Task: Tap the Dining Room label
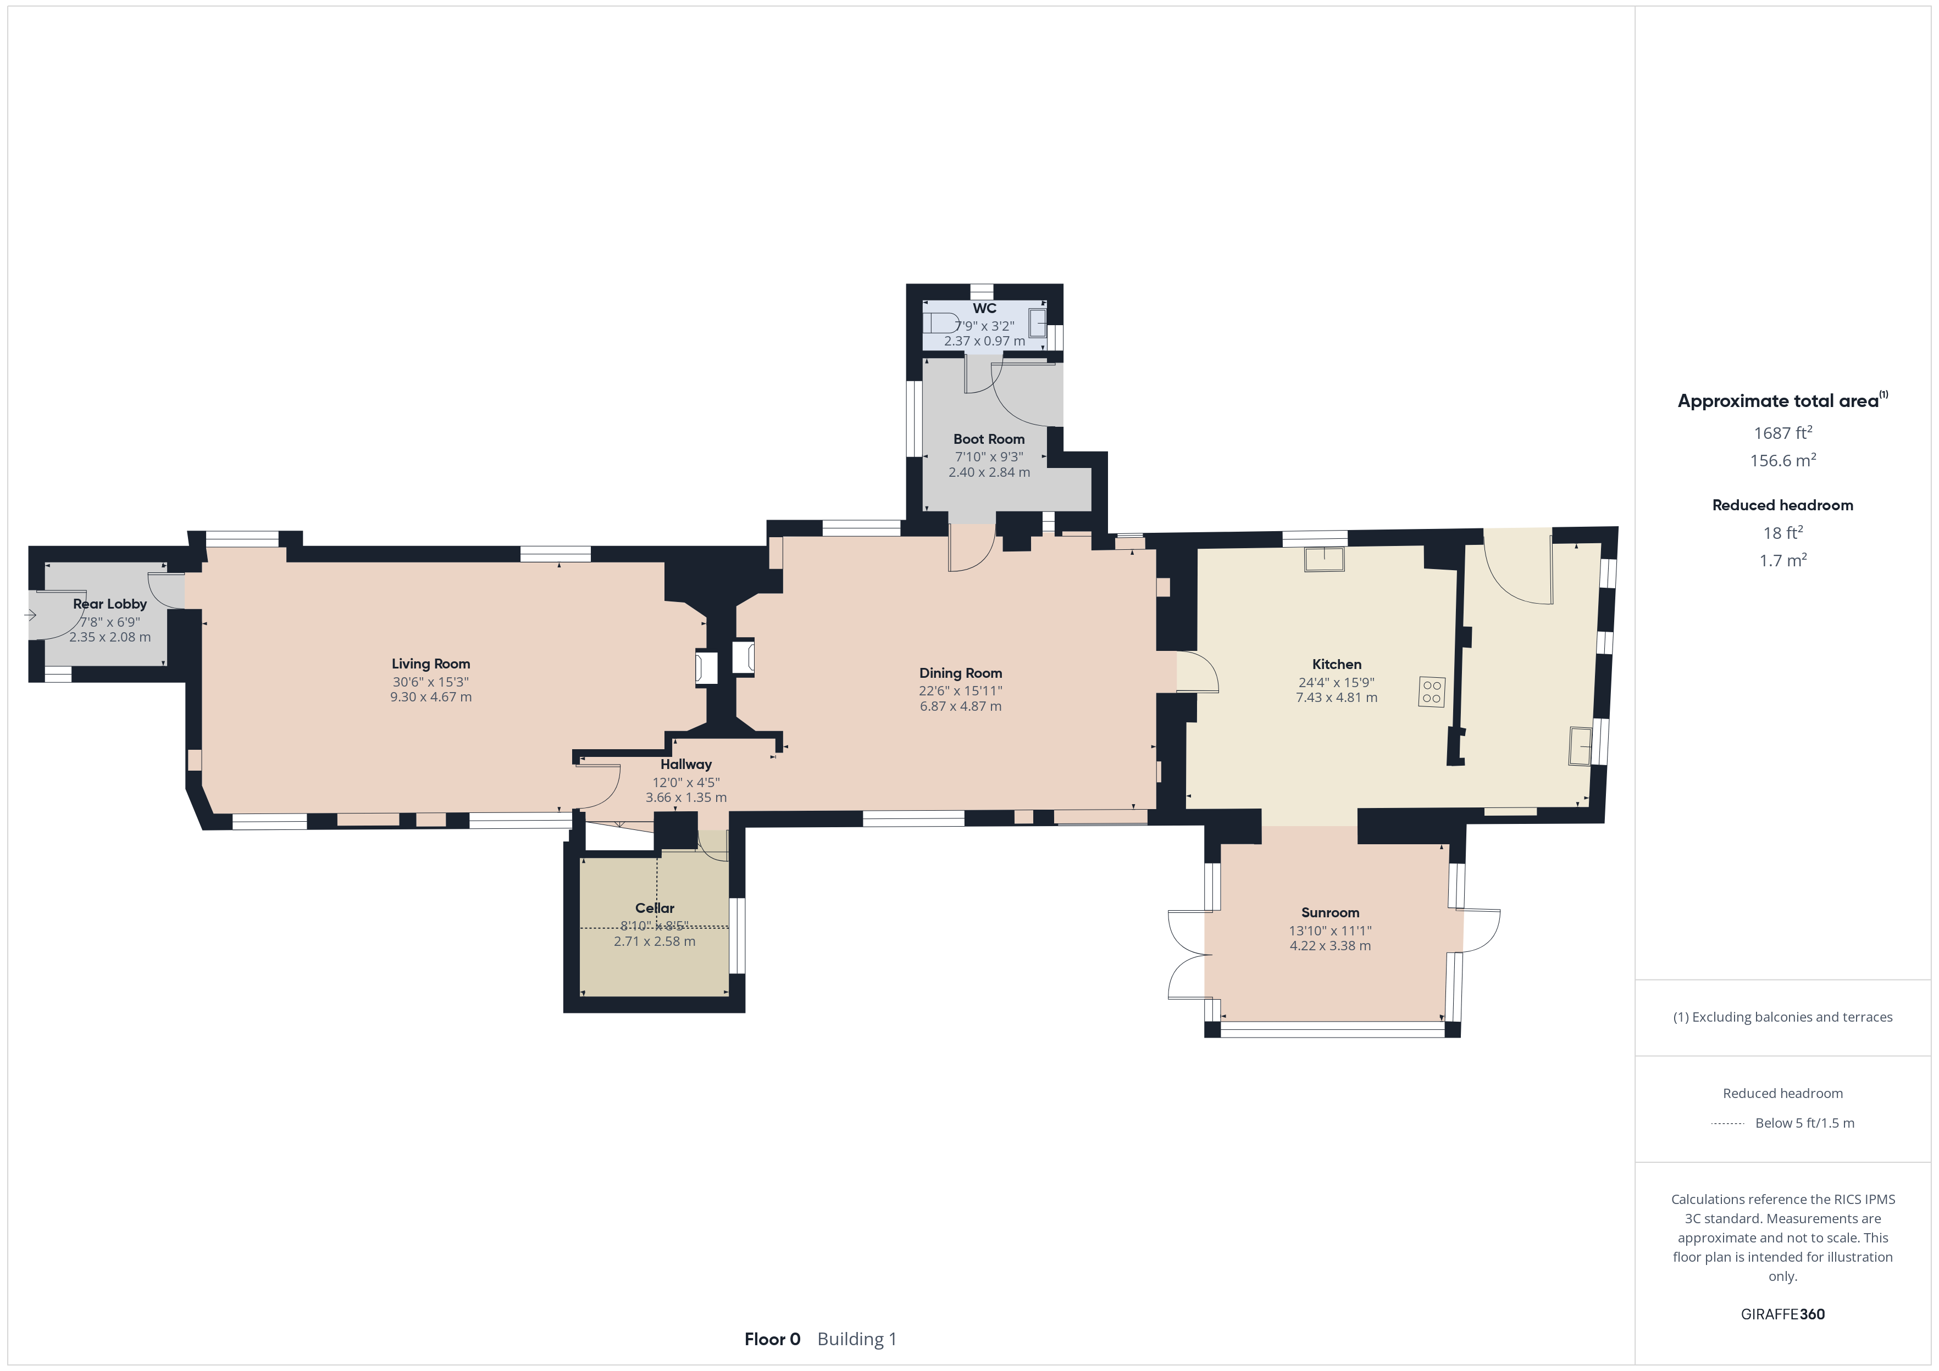(x=960, y=673)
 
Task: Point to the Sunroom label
(x=1330, y=912)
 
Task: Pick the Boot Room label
(x=989, y=439)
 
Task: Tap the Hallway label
(x=686, y=765)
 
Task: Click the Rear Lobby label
(x=110, y=604)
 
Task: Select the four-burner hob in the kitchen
(x=1432, y=692)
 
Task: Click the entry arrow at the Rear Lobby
(x=30, y=615)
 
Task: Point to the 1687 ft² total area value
(x=1783, y=433)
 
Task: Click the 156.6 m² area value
(x=1783, y=461)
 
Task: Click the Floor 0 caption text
(x=772, y=1340)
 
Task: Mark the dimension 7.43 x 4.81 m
(x=1337, y=698)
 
